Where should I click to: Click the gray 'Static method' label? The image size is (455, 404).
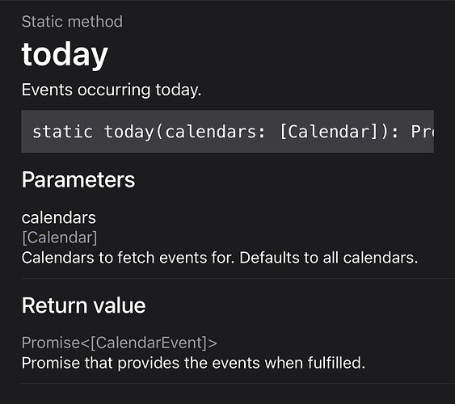click(72, 22)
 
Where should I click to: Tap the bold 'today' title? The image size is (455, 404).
click(65, 55)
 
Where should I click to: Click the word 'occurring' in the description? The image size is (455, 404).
click(114, 90)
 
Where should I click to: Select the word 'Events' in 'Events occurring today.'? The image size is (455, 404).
click(47, 90)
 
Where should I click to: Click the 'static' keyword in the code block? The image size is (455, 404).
click(63, 132)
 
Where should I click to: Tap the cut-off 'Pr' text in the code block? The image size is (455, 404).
click(423, 132)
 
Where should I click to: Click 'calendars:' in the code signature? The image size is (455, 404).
click(215, 132)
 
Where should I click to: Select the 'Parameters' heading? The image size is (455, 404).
click(78, 180)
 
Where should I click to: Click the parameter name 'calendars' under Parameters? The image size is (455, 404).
click(59, 218)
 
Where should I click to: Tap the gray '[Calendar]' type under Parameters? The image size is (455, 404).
click(60, 238)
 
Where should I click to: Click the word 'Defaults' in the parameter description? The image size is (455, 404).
click(269, 258)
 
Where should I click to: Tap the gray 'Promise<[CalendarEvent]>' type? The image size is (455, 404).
click(120, 343)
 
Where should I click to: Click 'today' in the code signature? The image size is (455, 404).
click(128, 133)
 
